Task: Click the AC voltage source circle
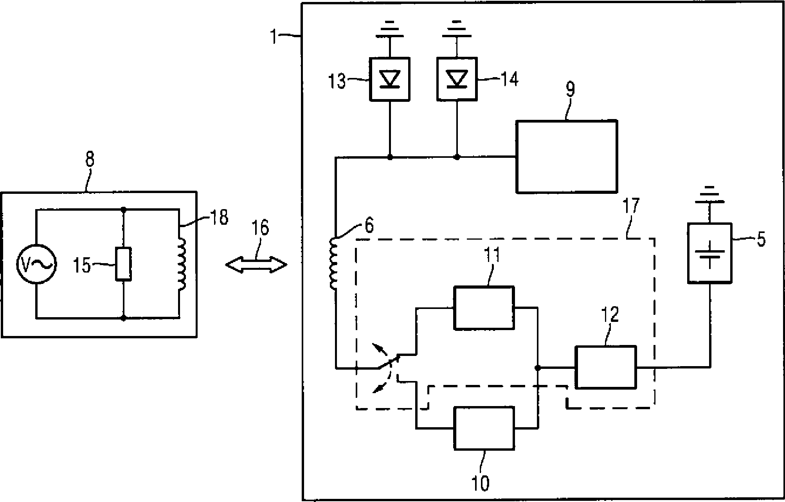(36, 264)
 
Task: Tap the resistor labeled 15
(123, 264)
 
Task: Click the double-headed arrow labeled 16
(256, 265)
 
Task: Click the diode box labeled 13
(390, 79)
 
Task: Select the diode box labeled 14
(457, 79)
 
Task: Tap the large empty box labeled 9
(566, 157)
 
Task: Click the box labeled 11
(484, 308)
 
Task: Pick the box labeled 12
(605, 367)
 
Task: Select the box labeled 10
(484, 428)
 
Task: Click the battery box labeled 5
(709, 253)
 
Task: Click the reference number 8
(90, 160)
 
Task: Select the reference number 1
(275, 38)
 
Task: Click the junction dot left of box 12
(538, 368)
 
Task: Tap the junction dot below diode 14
(457, 157)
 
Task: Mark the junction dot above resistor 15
(123, 210)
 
